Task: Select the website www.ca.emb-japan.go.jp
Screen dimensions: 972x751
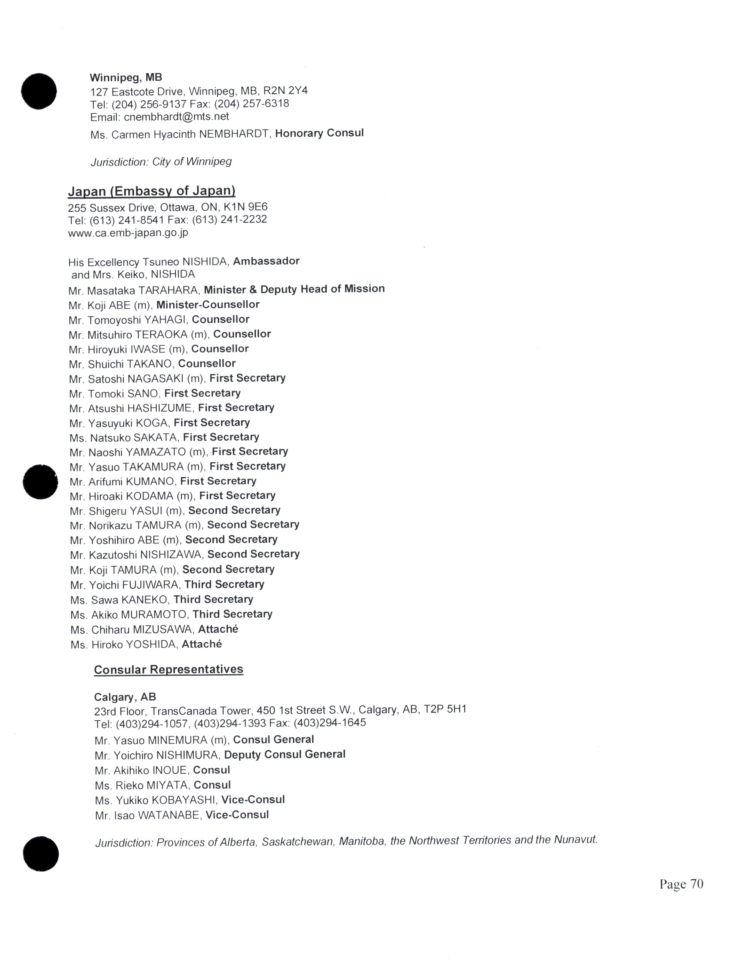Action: pos(128,233)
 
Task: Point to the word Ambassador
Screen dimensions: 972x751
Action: pos(266,261)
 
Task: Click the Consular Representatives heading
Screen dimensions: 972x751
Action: pos(169,670)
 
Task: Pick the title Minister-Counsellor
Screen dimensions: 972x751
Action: pos(208,305)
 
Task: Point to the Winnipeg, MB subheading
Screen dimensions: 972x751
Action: pos(126,77)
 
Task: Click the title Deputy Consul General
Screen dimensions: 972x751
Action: pos(285,754)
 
